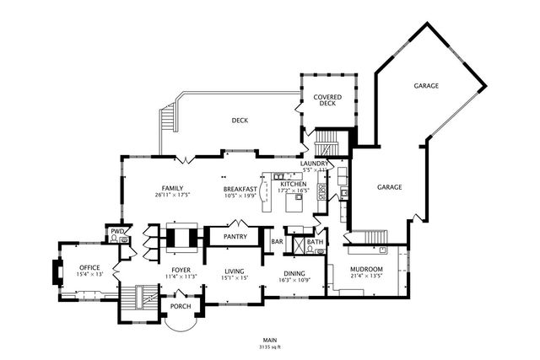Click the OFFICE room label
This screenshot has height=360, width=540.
pyautogui.click(x=89, y=266)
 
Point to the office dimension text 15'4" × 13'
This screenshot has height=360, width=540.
pyautogui.click(x=89, y=274)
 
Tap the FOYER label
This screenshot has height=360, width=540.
pyautogui.click(x=181, y=269)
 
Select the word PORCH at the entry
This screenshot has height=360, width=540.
pyautogui.click(x=181, y=305)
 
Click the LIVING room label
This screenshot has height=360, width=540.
pyautogui.click(x=234, y=271)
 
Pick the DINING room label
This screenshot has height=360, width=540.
pyautogui.click(x=294, y=272)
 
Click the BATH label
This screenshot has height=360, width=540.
pyautogui.click(x=315, y=243)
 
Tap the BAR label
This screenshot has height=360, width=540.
pyautogui.click(x=277, y=243)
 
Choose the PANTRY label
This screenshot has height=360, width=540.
pyautogui.click(x=235, y=237)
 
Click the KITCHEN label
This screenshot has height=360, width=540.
pyautogui.click(x=294, y=184)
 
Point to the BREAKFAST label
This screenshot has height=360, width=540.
pyautogui.click(x=240, y=189)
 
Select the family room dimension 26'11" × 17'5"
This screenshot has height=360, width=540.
pyautogui.click(x=173, y=195)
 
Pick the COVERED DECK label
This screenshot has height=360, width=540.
pyautogui.click(x=327, y=101)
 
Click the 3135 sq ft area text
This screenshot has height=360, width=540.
pyautogui.click(x=269, y=347)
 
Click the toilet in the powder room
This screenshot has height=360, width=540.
pyautogui.click(x=113, y=239)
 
